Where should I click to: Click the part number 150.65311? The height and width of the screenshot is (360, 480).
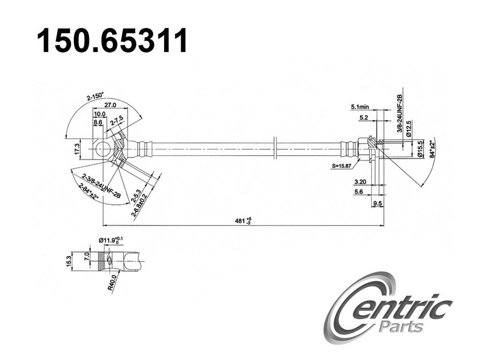[112, 41]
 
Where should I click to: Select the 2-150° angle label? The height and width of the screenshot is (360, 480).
[95, 97]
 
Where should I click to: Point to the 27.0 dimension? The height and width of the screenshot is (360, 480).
[110, 105]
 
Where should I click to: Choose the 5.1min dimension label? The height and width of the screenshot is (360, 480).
[360, 107]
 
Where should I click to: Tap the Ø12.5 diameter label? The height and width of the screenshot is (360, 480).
[409, 128]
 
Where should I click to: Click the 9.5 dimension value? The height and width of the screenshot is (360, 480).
[377, 203]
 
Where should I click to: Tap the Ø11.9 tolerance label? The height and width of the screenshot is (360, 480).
[111, 240]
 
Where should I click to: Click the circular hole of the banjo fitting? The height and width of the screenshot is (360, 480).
[103, 150]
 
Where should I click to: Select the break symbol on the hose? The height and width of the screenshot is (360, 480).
[276, 150]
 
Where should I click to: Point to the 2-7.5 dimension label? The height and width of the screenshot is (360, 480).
[116, 122]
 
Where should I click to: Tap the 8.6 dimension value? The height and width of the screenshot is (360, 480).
[98, 122]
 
